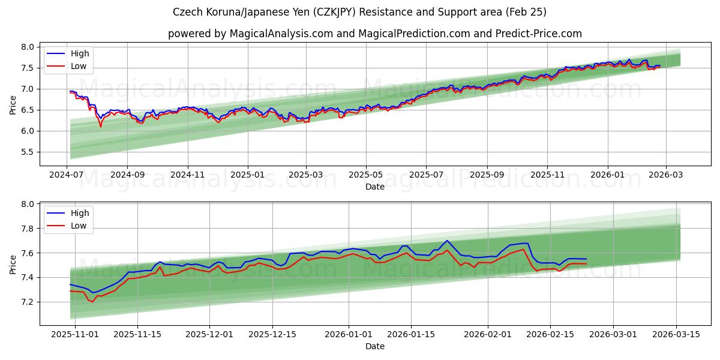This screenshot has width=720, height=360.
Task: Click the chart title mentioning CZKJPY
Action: click(359, 12)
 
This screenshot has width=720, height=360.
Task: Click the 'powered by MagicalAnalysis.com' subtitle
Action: click(374, 34)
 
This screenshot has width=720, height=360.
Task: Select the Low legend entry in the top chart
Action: click(78, 66)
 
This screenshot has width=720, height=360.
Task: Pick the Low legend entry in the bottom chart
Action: click(78, 226)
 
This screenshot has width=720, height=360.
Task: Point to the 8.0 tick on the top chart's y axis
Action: click(28, 47)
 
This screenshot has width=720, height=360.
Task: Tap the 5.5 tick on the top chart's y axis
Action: click(28, 152)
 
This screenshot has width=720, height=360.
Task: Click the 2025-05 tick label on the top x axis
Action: click(366, 175)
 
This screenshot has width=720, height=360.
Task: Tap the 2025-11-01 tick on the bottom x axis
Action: click(75, 334)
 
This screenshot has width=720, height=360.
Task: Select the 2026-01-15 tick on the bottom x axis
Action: click(411, 334)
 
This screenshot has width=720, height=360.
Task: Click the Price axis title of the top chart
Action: click(13, 105)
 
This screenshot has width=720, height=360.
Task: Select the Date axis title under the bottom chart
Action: click(374, 346)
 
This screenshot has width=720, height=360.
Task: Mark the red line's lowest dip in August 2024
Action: click(101, 127)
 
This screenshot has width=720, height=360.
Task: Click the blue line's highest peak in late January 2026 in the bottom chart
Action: click(447, 241)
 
